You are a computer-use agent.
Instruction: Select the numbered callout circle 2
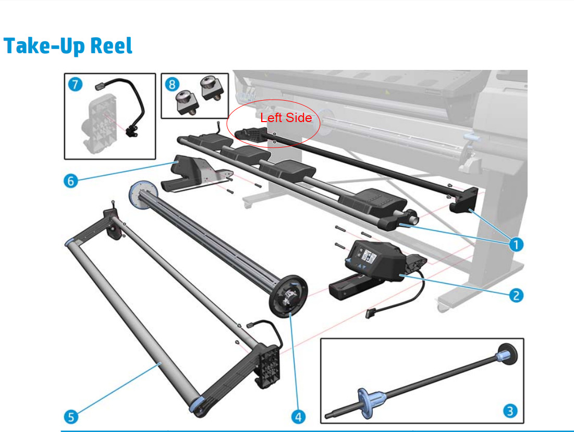(516, 295)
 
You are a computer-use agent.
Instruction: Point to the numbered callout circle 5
(71, 416)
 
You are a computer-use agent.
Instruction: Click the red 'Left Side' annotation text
(286, 118)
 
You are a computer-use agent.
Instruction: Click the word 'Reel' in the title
(111, 46)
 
